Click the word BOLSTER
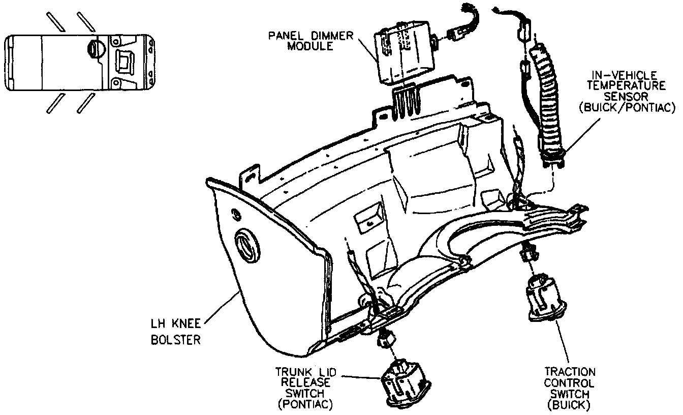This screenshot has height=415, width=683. (x=176, y=340)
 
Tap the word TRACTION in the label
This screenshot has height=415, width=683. (x=570, y=372)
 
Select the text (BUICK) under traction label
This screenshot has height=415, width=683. (x=570, y=406)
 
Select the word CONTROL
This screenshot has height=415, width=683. (x=570, y=383)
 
